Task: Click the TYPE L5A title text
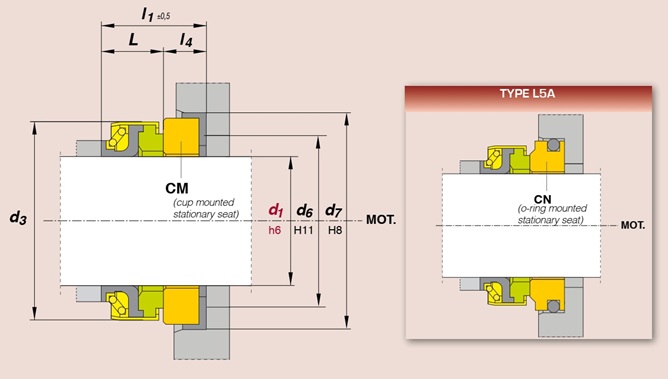[527, 94]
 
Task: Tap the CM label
[177, 188]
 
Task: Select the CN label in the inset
[542, 199]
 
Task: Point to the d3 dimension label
[18, 217]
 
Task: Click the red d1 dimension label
[276, 210]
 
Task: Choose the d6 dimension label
[305, 210]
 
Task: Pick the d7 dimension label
[334, 210]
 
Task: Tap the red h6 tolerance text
[275, 230]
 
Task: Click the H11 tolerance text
[303, 230]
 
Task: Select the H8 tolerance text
[335, 230]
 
